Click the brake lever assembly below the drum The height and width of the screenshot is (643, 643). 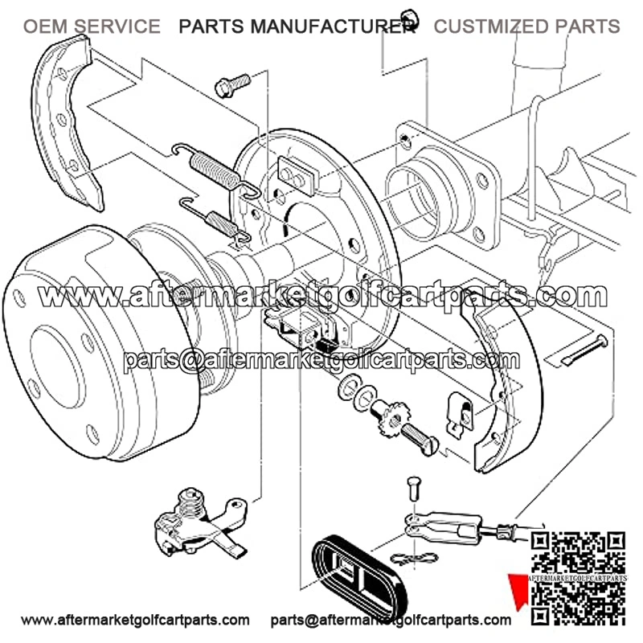197,526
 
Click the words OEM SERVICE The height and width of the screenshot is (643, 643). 91,27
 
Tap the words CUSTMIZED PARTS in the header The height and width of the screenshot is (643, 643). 526,27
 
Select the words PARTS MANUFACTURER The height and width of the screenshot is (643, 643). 297,27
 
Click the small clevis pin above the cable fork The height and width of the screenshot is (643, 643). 414,487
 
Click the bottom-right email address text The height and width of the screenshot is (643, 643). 391,620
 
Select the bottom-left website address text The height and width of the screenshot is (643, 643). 134,620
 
